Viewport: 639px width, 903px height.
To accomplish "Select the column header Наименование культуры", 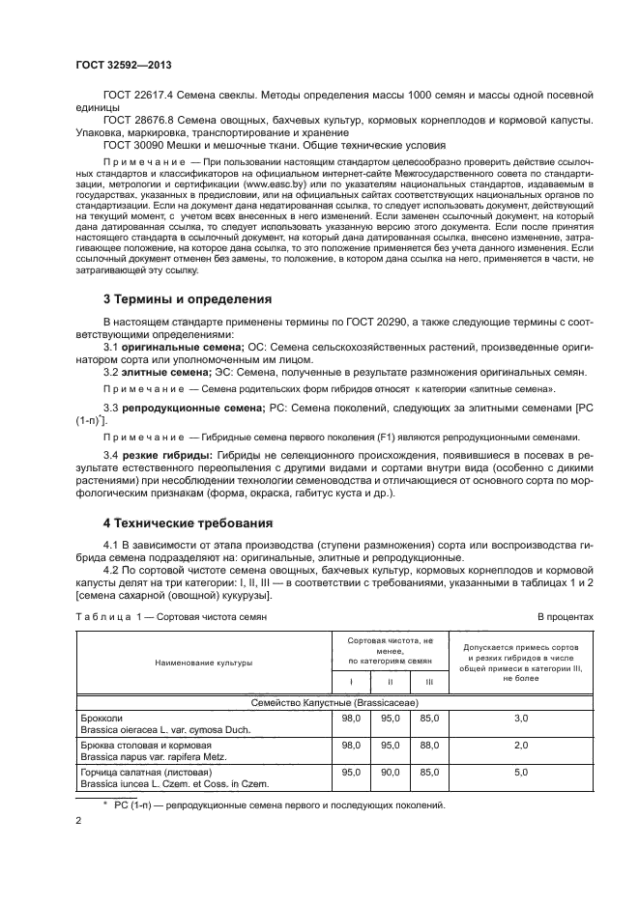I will coord(201,663).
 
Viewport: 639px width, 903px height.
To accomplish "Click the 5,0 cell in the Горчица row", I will coord(520,773).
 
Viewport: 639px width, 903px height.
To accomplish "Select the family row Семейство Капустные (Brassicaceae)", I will coord(334,703).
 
